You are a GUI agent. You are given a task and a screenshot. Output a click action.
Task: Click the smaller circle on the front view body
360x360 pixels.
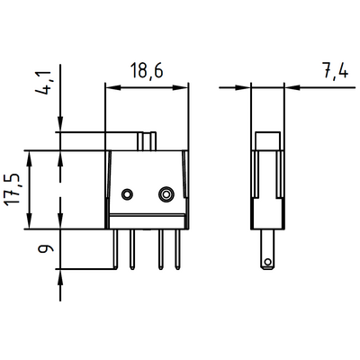pyautogui.click(x=128, y=194)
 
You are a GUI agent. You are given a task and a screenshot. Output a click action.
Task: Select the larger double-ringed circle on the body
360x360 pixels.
pyautogui.click(x=166, y=194)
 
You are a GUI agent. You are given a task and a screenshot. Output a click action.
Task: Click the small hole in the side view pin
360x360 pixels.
pyautogui.click(x=266, y=262)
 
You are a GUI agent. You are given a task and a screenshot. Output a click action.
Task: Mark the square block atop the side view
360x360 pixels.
pyautogui.click(x=266, y=141)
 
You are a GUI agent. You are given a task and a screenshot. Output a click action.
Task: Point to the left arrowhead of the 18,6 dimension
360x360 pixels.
pyautogui.click(x=111, y=87)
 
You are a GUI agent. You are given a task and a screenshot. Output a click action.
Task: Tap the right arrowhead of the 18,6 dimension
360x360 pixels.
pyautogui.click(x=184, y=87)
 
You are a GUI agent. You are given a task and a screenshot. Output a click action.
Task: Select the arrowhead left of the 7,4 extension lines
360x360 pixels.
pyautogui.click(x=245, y=87)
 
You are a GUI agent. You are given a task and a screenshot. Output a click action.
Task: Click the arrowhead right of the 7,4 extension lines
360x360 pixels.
pyautogui.click(x=289, y=87)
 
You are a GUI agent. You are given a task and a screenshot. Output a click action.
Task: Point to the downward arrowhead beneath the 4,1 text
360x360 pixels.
pyautogui.click(x=60, y=127)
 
